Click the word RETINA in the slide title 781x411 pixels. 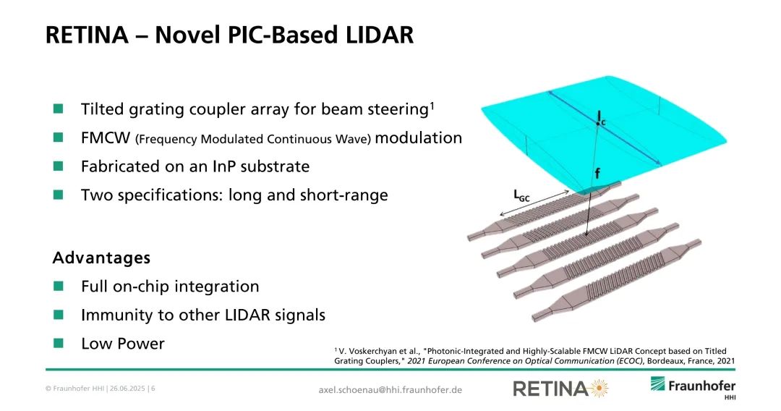click(x=88, y=35)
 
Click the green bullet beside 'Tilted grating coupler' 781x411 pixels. click(x=59, y=109)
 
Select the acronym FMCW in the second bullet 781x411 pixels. click(x=105, y=137)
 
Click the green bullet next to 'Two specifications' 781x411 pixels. click(x=59, y=195)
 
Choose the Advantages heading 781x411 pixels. click(x=102, y=258)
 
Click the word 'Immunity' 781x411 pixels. click(x=111, y=315)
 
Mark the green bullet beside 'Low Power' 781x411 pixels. click(x=59, y=343)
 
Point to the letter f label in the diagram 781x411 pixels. click(x=597, y=173)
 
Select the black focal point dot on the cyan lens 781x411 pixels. click(x=599, y=123)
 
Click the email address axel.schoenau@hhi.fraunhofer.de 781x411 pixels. click(x=390, y=389)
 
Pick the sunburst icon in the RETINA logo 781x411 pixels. click(x=599, y=388)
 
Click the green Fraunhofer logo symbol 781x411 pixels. click(x=657, y=384)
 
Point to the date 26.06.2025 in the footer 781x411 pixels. click(x=127, y=389)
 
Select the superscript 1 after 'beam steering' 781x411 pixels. click(x=432, y=105)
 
